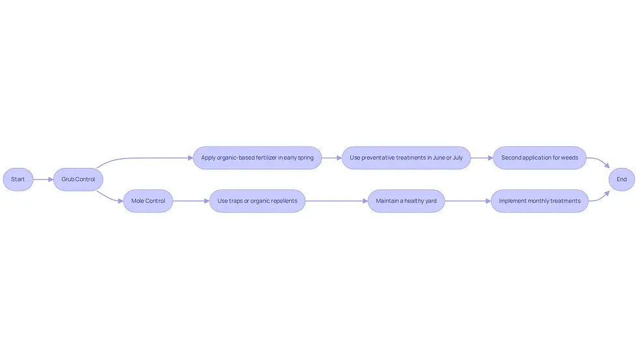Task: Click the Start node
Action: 18,180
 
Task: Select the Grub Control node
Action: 78,180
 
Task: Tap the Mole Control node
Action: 148,201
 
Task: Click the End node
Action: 622,180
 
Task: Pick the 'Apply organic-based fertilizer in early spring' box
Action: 257,158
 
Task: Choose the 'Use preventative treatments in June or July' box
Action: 406,158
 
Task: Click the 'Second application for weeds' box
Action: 540,158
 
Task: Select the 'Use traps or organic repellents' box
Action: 257,201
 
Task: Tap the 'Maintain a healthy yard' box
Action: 406,201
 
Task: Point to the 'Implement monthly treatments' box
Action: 540,201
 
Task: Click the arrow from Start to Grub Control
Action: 43,180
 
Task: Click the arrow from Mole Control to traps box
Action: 191,201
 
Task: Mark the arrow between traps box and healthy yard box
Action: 337,201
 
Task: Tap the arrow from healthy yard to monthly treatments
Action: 467,201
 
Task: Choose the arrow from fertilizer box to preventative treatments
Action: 331,158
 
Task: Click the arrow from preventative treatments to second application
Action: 482,158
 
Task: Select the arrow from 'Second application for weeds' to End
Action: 600,160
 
